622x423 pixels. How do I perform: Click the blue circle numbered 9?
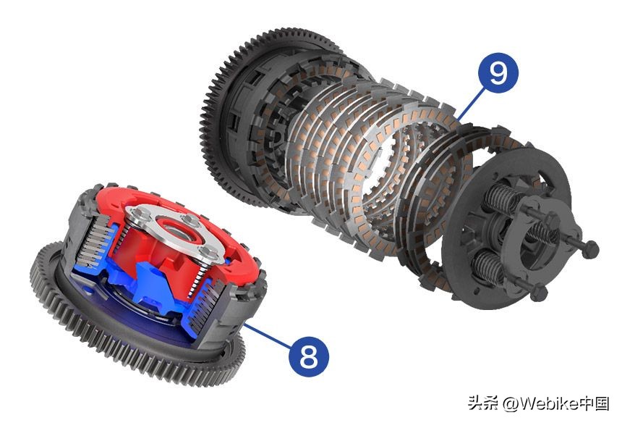[x=498, y=72]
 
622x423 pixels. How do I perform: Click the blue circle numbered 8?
[x=309, y=356]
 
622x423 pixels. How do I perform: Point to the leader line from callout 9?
[x=471, y=104]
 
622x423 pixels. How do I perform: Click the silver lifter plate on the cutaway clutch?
[x=175, y=232]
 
